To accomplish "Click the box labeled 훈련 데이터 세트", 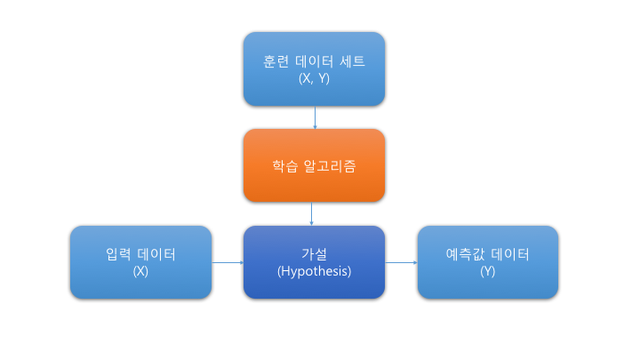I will (314, 69).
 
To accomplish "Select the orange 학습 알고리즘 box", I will (314, 166).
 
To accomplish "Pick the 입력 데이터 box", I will (140, 261).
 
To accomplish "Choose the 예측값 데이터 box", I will (488, 261).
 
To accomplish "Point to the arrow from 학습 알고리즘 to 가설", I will (312, 214).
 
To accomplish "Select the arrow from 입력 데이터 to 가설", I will (228, 262).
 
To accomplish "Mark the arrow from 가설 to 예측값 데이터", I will (401, 262).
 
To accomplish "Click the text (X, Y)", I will (314, 78).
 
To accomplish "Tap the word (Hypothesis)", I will (314, 271).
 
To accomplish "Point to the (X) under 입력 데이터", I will (140, 271).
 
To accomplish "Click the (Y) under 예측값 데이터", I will (488, 271).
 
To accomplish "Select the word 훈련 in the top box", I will (276, 61).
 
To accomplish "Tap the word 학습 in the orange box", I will (284, 166).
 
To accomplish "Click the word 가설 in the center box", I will (314, 254).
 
